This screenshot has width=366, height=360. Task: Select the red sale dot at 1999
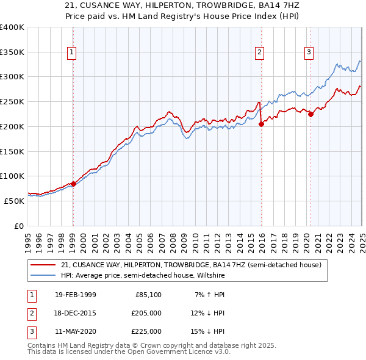tap(73, 183)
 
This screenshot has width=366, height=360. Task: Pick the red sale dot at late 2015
tap(261, 124)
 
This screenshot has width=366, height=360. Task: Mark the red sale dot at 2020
tap(310, 113)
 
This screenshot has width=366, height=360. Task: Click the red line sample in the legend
tap(43, 265)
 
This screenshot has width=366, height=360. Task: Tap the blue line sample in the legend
tap(43, 275)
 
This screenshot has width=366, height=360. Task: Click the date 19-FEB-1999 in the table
tap(75, 295)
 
